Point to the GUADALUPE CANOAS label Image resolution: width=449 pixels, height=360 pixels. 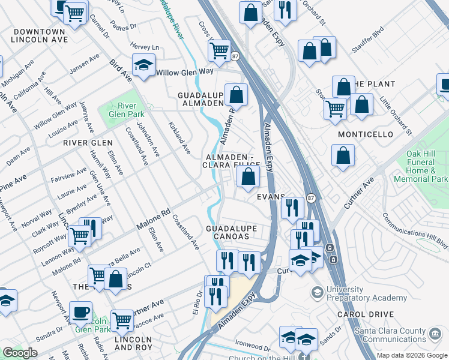pyautogui.click(x=232, y=232)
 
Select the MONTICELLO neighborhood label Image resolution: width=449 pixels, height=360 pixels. pyautogui.click(x=365, y=134)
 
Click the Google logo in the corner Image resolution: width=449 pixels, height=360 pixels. pyautogui.click(x=20, y=353)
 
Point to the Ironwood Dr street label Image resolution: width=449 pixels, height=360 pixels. pyautogui.click(x=253, y=347)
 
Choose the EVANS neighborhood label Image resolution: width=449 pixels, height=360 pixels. pyautogui.click(x=270, y=197)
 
